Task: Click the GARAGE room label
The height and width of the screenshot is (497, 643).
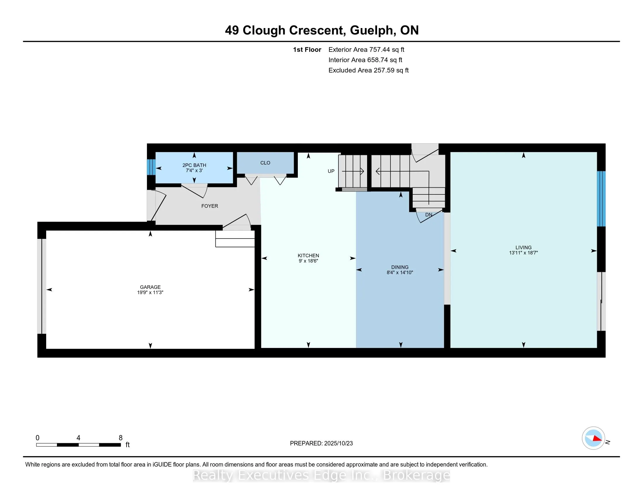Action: (150, 287)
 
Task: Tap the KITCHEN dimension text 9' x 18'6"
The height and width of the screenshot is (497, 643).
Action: (308, 261)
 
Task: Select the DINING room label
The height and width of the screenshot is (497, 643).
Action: (400, 267)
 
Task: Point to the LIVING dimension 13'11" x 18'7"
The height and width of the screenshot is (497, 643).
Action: (523, 253)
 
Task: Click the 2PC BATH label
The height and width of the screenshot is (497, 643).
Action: (194, 165)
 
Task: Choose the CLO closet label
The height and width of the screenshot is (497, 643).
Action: (265, 163)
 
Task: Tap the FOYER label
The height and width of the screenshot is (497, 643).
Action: (210, 206)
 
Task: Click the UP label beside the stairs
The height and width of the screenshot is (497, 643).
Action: (331, 171)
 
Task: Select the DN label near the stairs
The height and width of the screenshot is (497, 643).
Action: (429, 215)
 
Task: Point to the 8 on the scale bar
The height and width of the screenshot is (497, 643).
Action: (120, 438)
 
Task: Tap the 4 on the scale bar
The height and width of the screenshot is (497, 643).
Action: (78, 438)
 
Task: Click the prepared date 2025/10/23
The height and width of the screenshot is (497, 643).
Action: (338, 443)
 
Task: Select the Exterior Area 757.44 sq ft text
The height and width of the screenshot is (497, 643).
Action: (366, 50)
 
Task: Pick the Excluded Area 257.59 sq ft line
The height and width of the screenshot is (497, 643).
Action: (368, 70)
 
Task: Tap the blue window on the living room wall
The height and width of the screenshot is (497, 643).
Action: (601, 199)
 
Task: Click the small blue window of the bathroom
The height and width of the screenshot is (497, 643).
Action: (151, 167)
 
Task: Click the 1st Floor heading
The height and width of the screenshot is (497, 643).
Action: (307, 50)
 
